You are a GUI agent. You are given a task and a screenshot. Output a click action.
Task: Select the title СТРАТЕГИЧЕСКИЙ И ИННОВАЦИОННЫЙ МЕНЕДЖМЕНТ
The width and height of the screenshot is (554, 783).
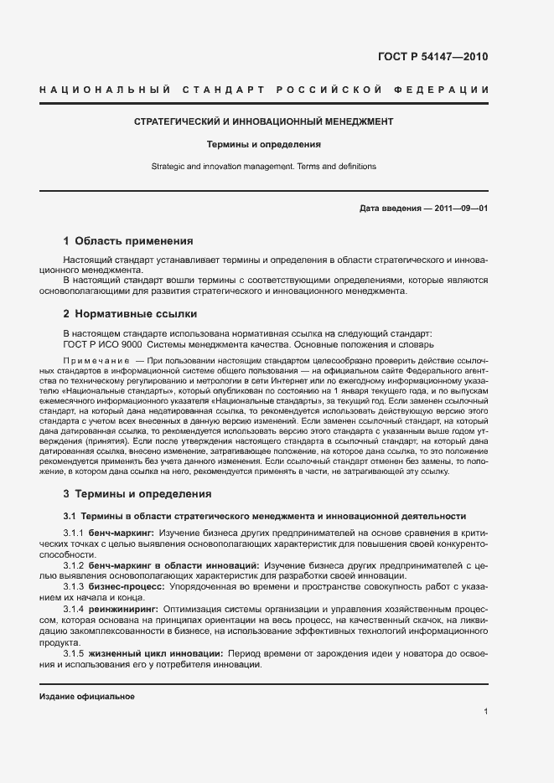click(264, 122)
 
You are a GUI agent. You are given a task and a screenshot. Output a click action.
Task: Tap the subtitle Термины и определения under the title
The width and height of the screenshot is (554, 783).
click(264, 144)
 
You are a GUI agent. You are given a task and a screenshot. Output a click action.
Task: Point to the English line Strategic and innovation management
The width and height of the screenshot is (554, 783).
click(264, 167)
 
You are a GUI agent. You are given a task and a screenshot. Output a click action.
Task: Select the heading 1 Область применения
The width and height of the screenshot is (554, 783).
click(128, 240)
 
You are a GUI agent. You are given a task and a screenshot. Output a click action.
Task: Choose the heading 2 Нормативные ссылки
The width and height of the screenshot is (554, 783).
click(130, 314)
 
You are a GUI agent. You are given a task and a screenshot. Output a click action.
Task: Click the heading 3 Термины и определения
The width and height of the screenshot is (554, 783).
click(137, 494)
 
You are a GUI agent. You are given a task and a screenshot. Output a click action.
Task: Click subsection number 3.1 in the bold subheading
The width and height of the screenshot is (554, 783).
click(70, 516)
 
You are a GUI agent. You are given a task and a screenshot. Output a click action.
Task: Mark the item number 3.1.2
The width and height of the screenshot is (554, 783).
click(75, 568)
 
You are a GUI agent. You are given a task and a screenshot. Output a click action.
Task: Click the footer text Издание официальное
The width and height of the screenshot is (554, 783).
click(87, 697)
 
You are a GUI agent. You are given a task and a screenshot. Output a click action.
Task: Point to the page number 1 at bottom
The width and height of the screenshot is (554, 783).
click(486, 712)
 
